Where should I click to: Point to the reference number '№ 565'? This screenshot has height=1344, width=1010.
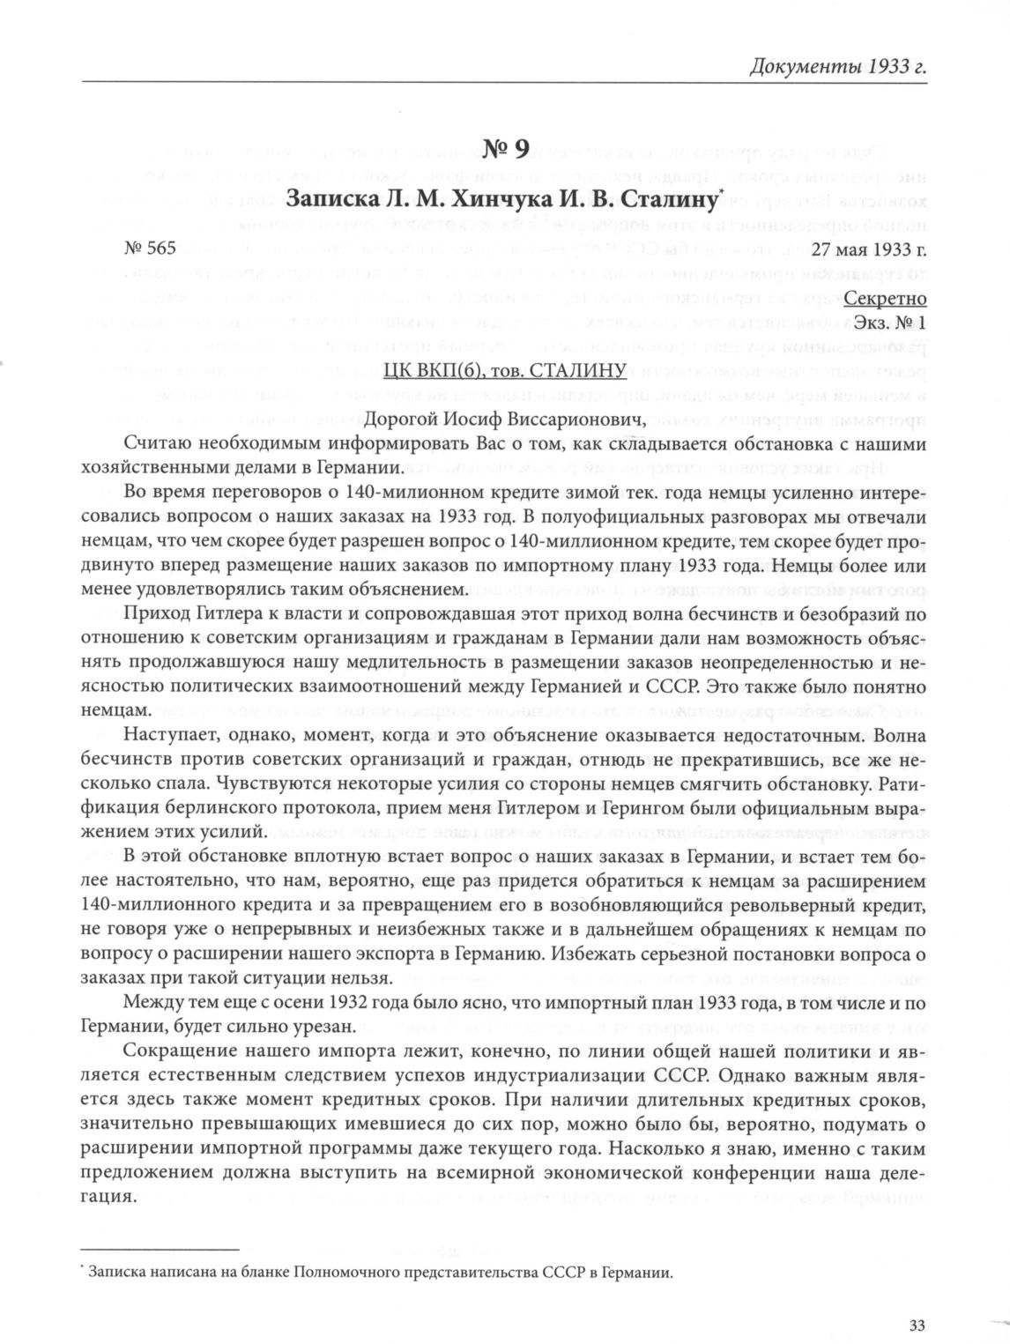point(151,248)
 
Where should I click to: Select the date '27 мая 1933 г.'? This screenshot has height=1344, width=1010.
point(869,249)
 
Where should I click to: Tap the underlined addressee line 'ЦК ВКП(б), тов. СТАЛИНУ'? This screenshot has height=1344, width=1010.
point(504,369)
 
